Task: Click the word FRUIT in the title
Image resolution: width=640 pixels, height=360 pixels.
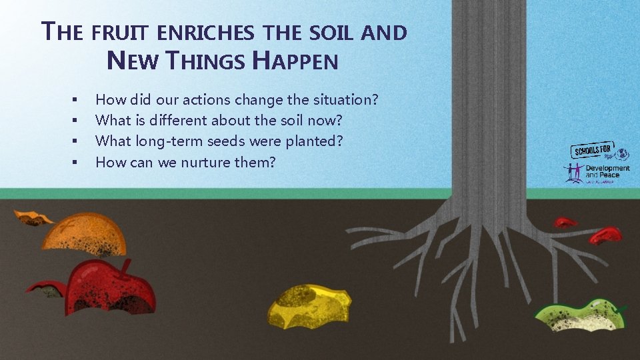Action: [x=118, y=32]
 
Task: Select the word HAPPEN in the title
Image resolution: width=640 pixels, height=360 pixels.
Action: [x=297, y=62]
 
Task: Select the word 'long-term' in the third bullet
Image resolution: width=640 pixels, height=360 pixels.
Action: [x=164, y=142]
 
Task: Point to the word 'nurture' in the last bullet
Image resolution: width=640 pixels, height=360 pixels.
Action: [x=197, y=162]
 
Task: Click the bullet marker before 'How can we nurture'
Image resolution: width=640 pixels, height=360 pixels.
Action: [x=75, y=163]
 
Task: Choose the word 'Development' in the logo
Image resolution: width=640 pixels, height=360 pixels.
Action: [x=607, y=169]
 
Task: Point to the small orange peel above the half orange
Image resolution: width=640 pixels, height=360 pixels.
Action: [x=34, y=217]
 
